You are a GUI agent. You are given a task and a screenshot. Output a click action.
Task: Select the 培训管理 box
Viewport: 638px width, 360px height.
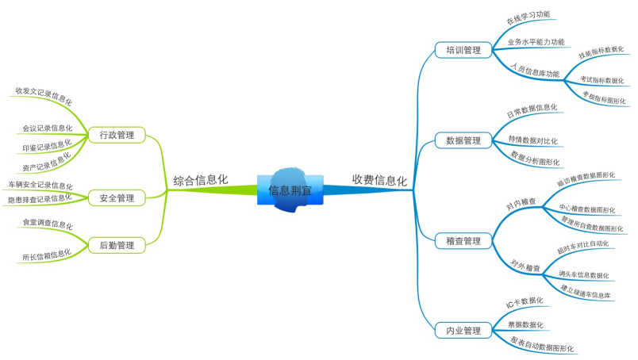coord(463,50)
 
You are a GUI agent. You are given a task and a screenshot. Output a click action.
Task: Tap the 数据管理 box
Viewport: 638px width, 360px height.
coord(463,140)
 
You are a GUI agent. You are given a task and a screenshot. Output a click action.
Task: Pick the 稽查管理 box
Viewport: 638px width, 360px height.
coord(463,240)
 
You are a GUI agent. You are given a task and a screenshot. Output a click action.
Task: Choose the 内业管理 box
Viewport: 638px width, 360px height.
coord(463,330)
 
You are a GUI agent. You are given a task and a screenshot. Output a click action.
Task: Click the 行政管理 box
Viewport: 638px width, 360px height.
coord(116,136)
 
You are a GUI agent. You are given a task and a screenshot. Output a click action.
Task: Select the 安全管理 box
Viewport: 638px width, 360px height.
coord(116,197)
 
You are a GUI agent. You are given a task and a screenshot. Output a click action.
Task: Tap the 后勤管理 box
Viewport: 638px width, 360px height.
coord(116,245)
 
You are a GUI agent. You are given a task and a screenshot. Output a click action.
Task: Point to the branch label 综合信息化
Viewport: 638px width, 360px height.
coord(201,181)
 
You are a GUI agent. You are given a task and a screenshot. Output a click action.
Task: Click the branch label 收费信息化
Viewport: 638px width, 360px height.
coord(379,181)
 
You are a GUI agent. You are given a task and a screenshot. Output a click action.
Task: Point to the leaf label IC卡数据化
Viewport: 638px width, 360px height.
coord(525,303)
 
